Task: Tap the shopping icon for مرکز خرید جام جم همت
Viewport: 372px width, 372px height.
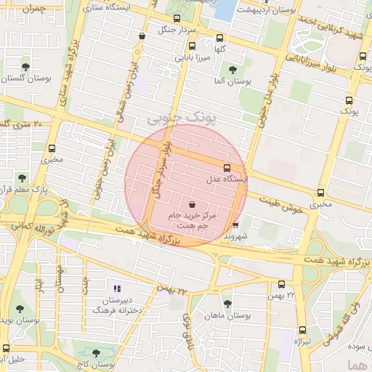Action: (x=192, y=206)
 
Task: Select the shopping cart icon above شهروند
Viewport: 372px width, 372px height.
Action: (x=235, y=225)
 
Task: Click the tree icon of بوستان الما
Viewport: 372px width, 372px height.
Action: (x=232, y=70)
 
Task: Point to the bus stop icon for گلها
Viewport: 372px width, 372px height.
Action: (x=220, y=38)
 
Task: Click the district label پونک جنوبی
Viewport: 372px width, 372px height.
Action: (x=177, y=116)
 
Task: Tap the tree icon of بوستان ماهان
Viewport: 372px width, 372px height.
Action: (x=227, y=304)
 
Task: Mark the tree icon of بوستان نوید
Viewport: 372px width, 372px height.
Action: (x=20, y=309)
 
